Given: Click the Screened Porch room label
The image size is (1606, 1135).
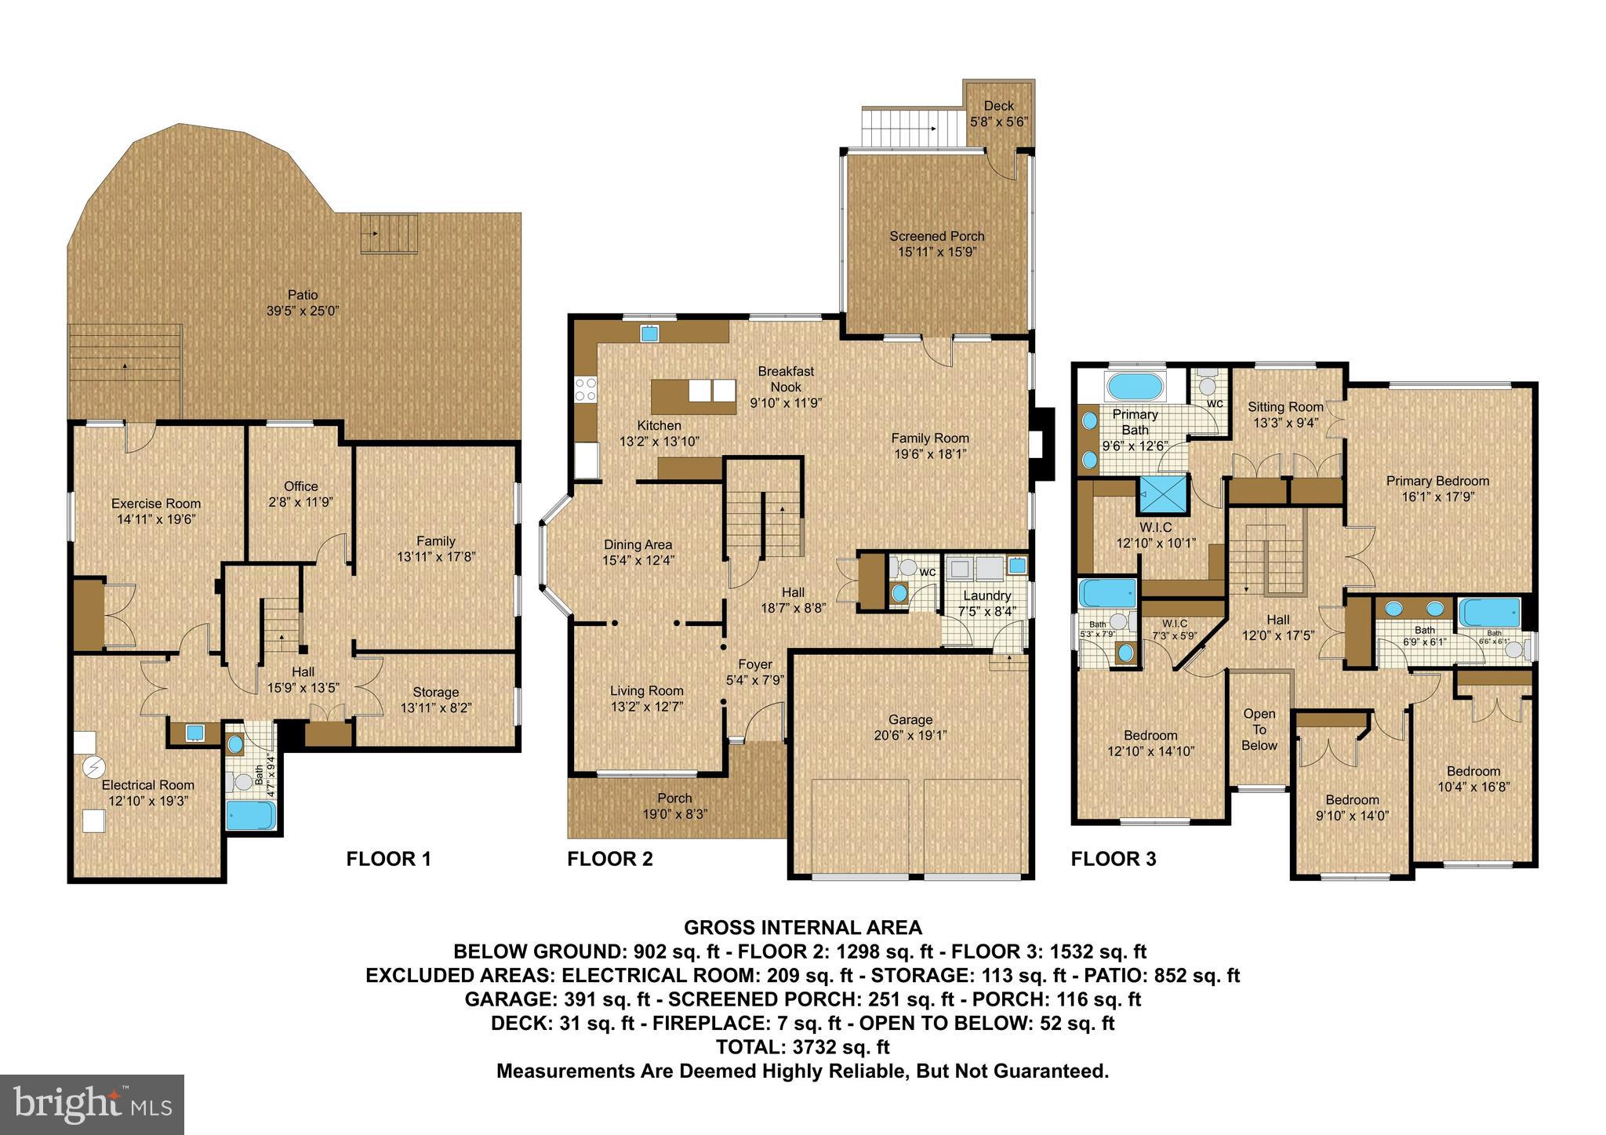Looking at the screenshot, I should tap(936, 236).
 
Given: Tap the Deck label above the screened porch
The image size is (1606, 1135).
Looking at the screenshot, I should tap(998, 106).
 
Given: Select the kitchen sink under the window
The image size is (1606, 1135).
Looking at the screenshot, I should tap(649, 333).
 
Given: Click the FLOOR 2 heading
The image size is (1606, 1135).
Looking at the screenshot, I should tap(609, 859).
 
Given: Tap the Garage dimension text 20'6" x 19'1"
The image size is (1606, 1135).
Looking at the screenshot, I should tap(910, 736).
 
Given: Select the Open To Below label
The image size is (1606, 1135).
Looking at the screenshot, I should tap(1259, 729).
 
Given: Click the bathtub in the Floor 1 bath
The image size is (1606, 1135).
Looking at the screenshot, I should tap(250, 815).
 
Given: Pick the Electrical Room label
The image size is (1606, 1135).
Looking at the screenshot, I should tap(147, 785).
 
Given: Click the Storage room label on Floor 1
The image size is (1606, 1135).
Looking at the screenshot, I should tap(435, 692).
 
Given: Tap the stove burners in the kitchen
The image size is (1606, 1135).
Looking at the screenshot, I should tap(586, 390).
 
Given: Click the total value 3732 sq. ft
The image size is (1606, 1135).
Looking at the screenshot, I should tap(836, 1047).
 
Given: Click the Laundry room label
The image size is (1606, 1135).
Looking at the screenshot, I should tap(986, 595).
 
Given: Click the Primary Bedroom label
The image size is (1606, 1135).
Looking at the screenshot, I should tap(1437, 481).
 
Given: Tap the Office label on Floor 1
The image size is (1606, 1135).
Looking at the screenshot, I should tap(300, 486).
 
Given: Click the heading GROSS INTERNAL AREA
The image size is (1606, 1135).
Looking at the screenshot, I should tap(802, 928).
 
